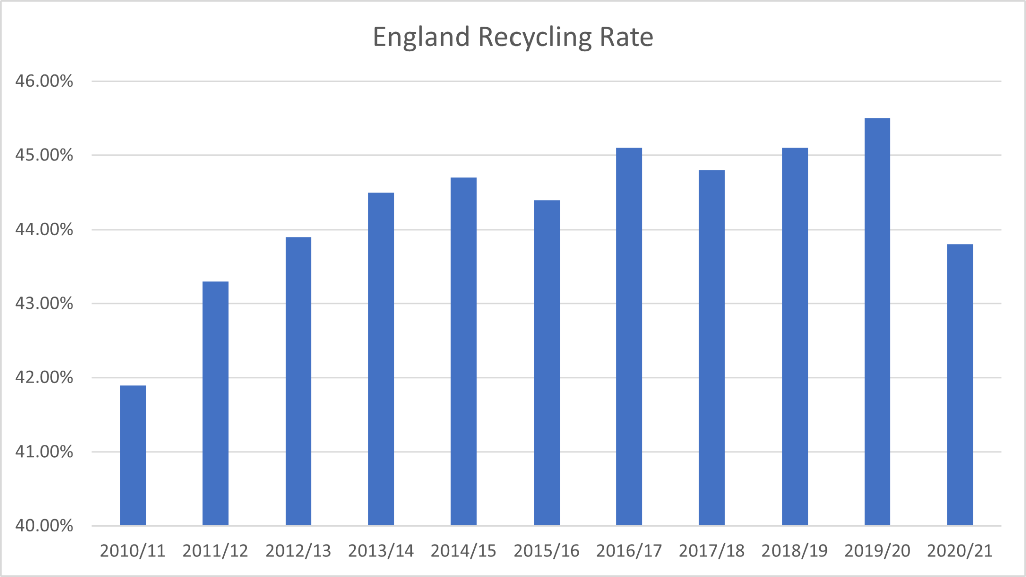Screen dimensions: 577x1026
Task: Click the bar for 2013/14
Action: (381, 359)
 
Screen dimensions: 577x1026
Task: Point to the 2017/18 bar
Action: (712, 348)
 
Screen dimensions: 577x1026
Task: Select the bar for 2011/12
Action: (215, 404)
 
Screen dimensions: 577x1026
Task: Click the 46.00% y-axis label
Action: (44, 81)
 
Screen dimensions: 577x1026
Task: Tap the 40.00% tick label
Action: (44, 526)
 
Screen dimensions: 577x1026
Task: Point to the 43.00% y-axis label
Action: (44, 304)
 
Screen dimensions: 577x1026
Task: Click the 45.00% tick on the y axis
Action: (44, 155)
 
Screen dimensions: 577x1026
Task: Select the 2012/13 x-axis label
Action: (298, 551)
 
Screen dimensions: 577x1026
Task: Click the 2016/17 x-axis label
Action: (629, 551)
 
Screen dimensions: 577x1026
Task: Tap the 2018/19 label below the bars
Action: (795, 551)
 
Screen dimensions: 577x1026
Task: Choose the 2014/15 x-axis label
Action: (463, 551)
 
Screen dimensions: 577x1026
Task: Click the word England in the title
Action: (421, 38)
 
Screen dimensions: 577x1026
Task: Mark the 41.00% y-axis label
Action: (44, 452)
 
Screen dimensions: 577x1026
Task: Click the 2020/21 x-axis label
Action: (960, 551)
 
